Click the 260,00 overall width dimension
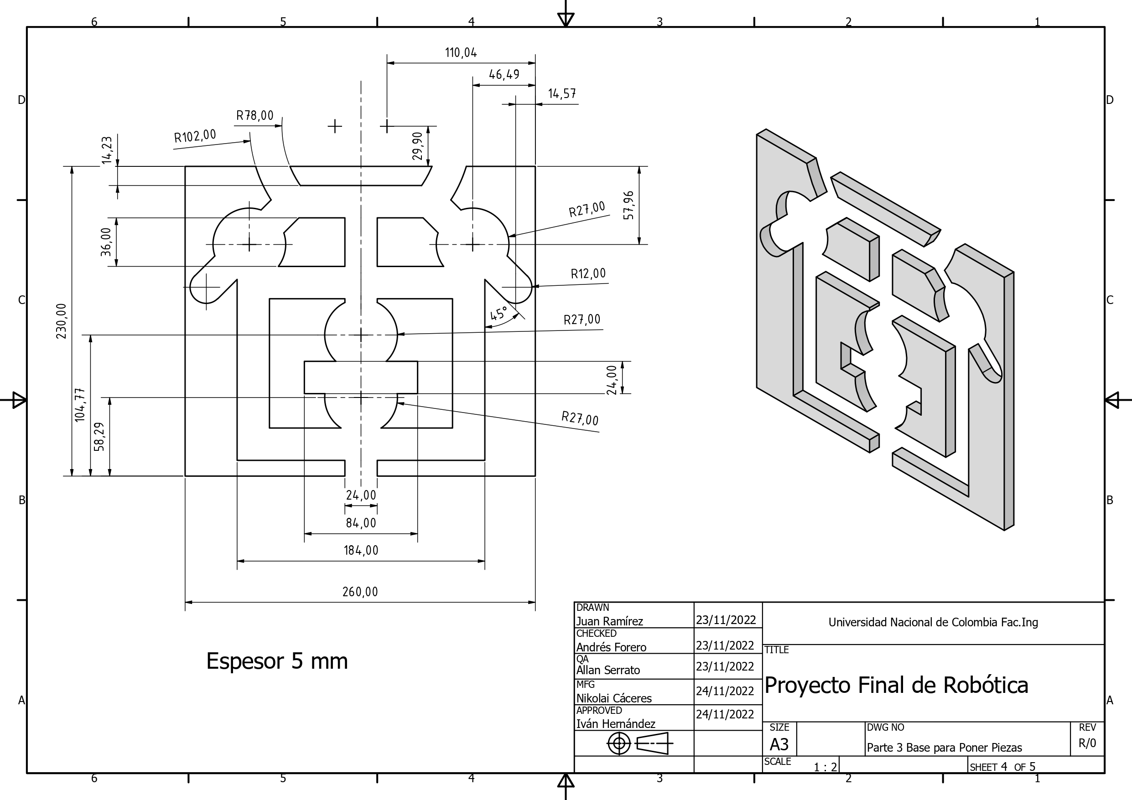[360, 592]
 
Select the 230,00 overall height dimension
[61, 321]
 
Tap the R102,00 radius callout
[195, 136]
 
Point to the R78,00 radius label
[254, 116]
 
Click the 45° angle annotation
[498, 314]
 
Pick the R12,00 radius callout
[588, 274]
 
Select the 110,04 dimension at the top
[461, 53]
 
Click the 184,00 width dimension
[361, 550]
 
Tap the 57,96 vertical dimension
[628, 205]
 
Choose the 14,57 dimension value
[561, 93]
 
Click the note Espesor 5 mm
[276, 661]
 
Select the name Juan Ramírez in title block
[609, 621]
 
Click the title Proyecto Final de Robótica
[896, 685]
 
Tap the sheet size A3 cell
[779, 744]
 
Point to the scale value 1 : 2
[825, 767]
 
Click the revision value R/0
[1087, 743]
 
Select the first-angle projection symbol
[640, 743]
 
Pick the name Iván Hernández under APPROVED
[615, 723]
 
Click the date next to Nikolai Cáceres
[725, 691]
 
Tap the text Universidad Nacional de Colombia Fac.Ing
[933, 623]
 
